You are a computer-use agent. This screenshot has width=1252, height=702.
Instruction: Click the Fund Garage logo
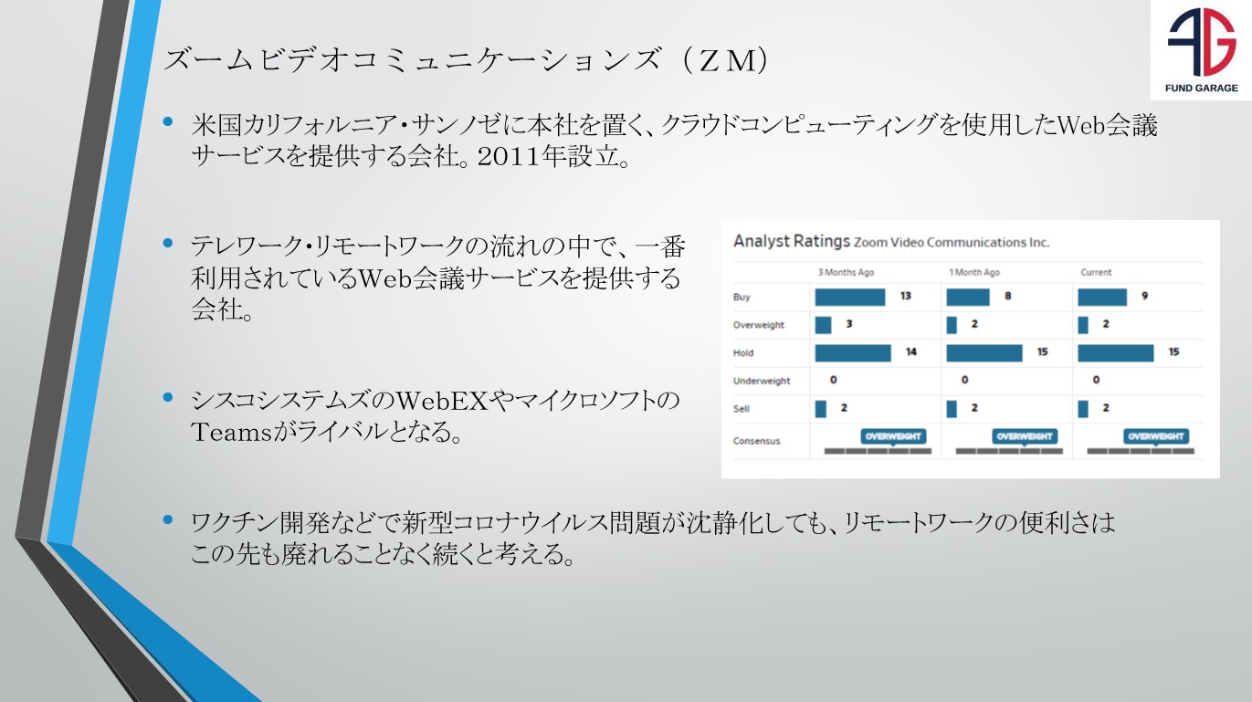(1201, 49)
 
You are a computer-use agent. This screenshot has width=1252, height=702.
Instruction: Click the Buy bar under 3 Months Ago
(849, 297)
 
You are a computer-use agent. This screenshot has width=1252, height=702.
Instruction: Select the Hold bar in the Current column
(1116, 352)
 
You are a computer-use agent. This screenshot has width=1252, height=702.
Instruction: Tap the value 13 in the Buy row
(906, 296)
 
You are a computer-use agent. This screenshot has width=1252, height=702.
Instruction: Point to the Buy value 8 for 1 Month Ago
(1008, 296)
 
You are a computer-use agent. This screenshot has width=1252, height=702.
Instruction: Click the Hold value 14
(911, 352)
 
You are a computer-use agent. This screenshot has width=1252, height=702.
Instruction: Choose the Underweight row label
(762, 381)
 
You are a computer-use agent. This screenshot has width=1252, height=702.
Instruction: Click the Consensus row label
(756, 441)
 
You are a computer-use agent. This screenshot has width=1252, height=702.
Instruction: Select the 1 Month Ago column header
(974, 272)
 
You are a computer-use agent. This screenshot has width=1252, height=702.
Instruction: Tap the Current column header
(1096, 272)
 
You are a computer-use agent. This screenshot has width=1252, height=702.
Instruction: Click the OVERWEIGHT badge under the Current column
(1156, 436)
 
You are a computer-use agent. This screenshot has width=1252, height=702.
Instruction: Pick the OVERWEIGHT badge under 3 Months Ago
(893, 436)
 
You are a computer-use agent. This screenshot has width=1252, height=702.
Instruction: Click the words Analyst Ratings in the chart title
(792, 241)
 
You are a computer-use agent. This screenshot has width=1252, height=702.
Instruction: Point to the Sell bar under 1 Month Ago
(952, 409)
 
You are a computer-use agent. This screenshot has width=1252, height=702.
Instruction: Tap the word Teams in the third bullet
(231, 432)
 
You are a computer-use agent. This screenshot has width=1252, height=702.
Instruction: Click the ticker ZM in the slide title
(727, 61)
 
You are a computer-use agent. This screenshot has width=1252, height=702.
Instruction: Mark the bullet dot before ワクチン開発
(168, 519)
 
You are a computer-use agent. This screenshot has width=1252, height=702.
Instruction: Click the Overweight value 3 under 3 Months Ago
(849, 324)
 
